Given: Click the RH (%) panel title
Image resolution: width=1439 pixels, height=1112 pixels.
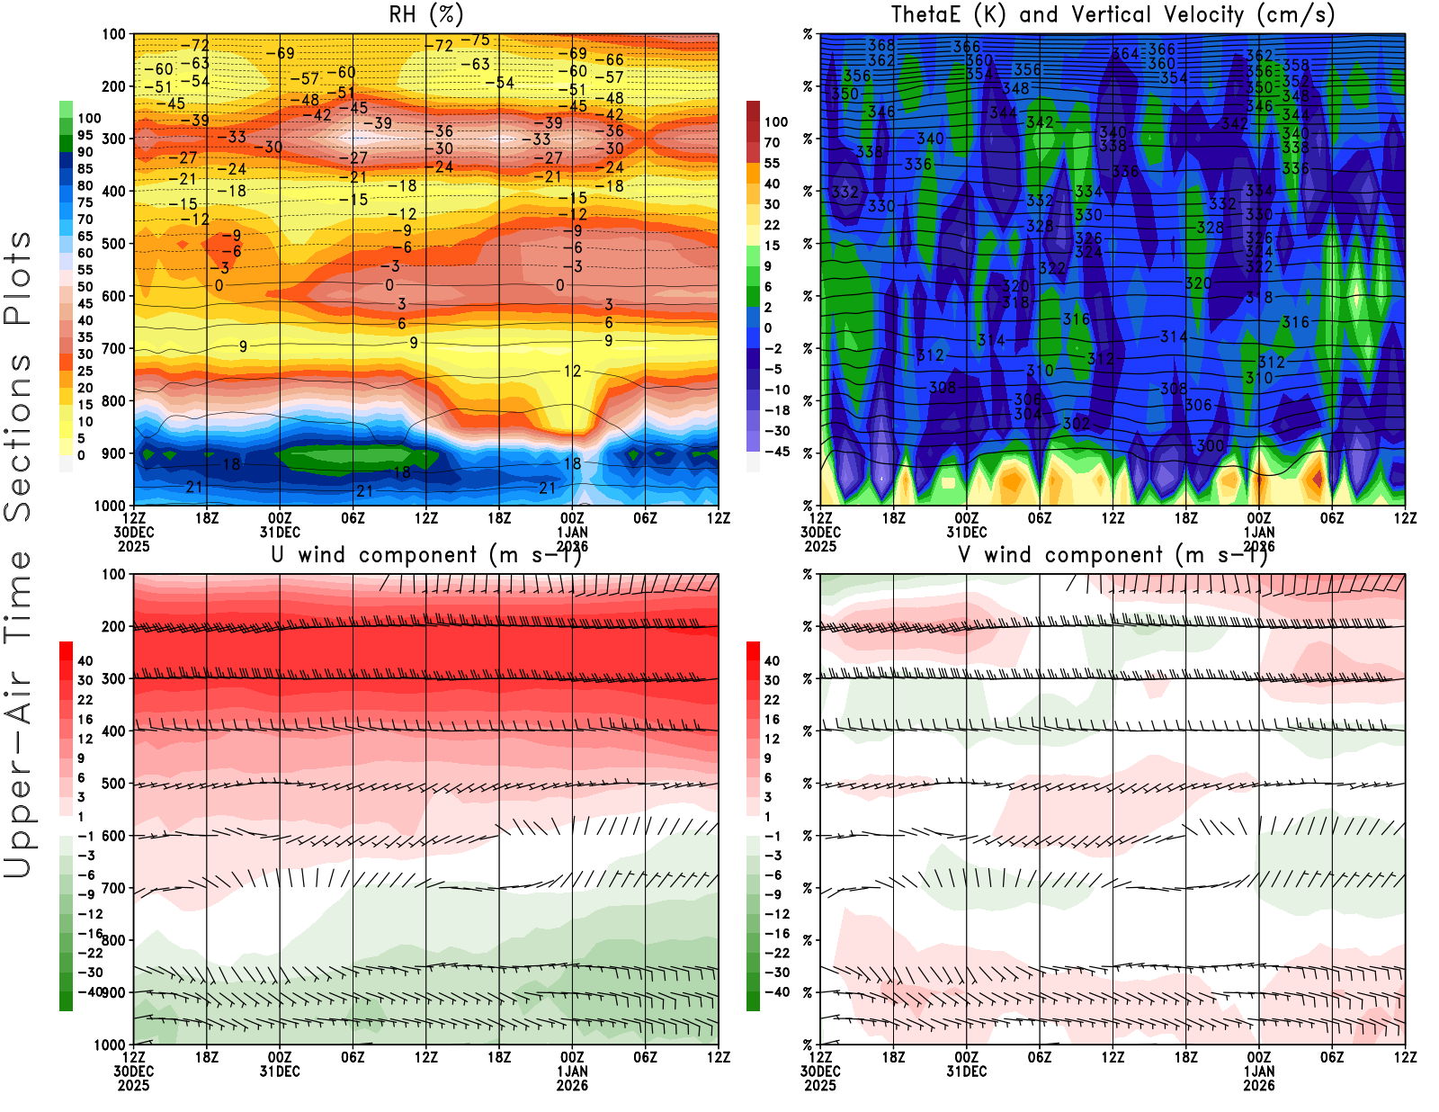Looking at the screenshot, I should (x=425, y=14).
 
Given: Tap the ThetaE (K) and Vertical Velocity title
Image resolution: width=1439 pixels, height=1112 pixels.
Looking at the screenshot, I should (x=1113, y=14).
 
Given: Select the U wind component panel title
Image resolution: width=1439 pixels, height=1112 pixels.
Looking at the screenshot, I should (x=425, y=555).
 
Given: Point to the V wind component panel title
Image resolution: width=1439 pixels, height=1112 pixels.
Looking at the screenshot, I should (x=1113, y=555).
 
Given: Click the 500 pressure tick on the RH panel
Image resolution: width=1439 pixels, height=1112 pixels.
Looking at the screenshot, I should (x=114, y=244).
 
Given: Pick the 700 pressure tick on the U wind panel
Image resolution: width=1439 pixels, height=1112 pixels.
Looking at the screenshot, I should (x=114, y=889).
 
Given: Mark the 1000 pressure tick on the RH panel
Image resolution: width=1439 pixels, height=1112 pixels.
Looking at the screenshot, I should (x=111, y=506).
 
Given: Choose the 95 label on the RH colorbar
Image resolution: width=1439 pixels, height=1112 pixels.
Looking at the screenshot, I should (x=85, y=136).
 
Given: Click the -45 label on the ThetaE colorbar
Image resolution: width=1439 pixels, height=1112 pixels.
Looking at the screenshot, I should (x=777, y=452).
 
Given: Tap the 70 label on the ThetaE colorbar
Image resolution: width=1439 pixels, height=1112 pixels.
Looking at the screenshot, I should (x=772, y=142).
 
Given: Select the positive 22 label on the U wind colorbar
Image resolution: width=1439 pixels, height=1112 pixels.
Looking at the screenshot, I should (x=85, y=700).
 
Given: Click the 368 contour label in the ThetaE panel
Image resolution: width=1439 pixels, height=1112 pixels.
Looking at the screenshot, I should (x=881, y=45).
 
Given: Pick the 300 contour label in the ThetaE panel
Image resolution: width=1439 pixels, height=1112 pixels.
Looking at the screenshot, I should (x=1210, y=445).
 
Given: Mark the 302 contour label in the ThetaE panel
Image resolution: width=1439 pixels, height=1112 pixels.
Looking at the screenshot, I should (x=1076, y=423).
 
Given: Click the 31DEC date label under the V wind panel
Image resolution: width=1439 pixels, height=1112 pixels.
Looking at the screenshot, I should (x=966, y=1072).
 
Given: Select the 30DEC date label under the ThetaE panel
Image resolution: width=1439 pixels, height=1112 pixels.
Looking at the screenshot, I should (x=820, y=533).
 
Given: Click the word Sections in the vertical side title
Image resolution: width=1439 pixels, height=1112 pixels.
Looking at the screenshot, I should (x=18, y=436).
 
